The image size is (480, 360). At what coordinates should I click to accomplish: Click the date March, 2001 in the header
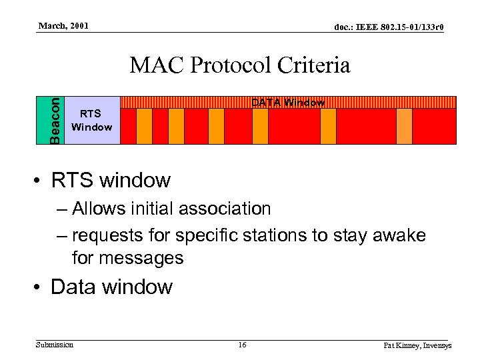63,26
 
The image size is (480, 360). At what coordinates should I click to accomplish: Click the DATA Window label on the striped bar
287,103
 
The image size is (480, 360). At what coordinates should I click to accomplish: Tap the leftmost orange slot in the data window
145,127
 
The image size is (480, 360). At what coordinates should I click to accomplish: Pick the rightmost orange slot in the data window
404,127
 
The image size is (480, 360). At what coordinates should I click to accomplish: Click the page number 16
242,345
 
